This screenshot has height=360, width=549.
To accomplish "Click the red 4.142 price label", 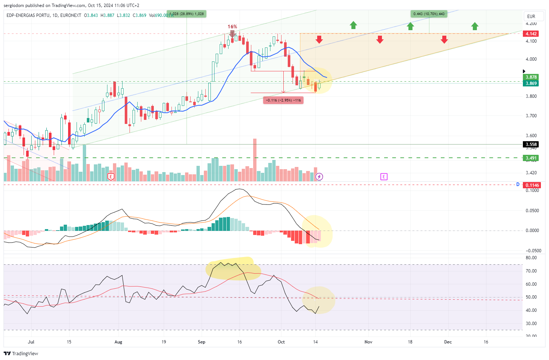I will [531, 33].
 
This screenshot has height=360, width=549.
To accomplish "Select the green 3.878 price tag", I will [531, 77].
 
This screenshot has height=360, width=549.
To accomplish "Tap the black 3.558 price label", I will [531, 145].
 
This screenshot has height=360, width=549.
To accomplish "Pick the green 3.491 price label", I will [531, 158].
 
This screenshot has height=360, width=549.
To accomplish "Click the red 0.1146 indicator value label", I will [532, 185].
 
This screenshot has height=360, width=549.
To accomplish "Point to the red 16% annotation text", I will [232, 26].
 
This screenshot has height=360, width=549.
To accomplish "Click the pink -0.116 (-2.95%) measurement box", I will [283, 100].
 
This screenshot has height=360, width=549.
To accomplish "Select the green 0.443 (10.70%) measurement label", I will [429, 14].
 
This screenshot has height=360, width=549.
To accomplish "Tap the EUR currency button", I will [531, 16].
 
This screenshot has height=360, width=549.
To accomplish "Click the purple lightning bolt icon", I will [319, 177].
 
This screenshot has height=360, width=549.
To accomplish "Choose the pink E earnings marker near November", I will [384, 177].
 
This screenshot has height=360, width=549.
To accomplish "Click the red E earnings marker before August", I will [111, 177].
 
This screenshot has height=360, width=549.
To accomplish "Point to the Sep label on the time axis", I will [202, 342].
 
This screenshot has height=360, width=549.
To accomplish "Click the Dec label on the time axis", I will [448, 342].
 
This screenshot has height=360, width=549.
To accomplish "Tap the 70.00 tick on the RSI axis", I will [531, 271].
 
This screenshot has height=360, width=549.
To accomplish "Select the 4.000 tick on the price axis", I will [531, 59].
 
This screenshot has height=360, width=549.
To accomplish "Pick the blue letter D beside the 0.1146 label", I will [518, 185].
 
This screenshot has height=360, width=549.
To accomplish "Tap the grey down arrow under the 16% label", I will [232, 34].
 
